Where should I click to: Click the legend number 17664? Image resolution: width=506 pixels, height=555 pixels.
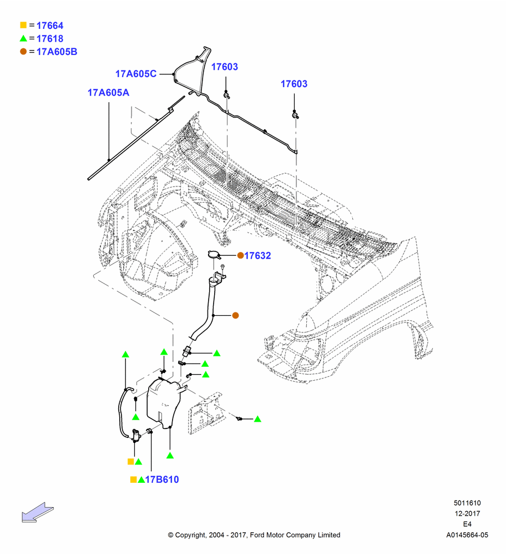coord(50,26)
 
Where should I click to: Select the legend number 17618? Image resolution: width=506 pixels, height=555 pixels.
coord(50,39)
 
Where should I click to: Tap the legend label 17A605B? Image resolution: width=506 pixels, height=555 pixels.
coord(57,52)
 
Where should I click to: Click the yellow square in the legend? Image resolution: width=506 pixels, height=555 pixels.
coord(23,25)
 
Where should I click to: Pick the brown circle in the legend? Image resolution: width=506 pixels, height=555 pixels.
coord(23,52)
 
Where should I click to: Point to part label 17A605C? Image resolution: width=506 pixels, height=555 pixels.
coord(136,74)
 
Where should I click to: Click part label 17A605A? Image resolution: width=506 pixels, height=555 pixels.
coord(108,93)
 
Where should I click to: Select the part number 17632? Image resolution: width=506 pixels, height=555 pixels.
coord(257,255)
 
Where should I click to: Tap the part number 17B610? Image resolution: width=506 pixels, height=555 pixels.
coord(162,480)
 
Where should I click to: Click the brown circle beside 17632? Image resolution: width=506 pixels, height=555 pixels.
coord(240,255)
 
